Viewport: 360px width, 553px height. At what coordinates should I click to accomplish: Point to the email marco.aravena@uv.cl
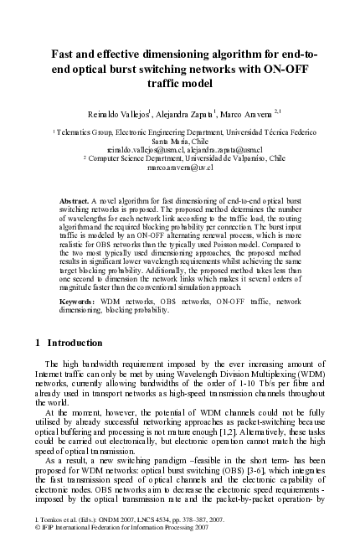coord(180,167)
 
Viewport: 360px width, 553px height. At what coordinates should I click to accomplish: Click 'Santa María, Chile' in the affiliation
coord(180,140)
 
